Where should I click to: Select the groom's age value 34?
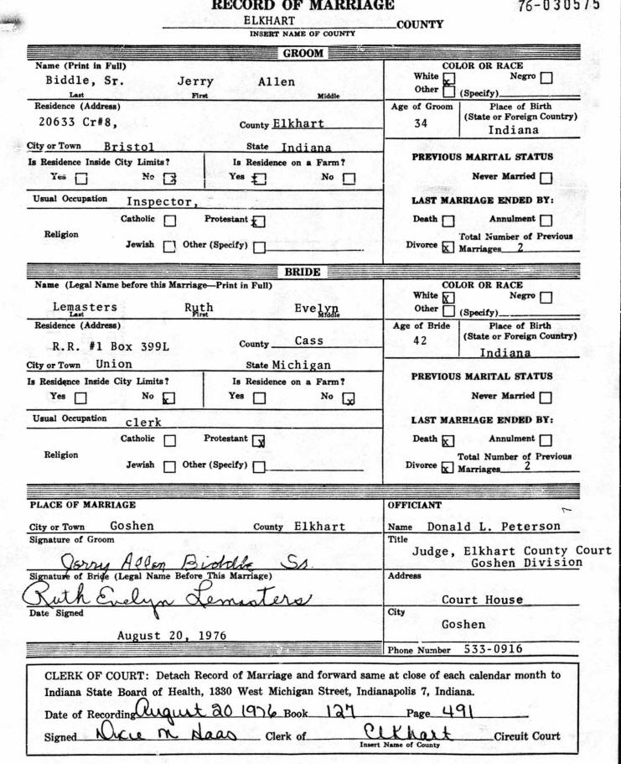[421, 123]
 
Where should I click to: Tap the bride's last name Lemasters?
[85, 307]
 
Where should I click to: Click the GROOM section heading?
[303, 54]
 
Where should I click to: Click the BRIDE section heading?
[303, 273]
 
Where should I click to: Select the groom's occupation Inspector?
[162, 201]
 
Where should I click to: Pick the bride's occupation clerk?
[143, 422]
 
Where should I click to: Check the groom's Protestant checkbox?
[258, 221]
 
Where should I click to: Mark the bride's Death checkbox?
[448, 440]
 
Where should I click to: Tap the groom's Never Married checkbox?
[546, 177]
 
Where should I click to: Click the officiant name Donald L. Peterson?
[494, 527]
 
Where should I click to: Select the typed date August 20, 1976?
[172, 636]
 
